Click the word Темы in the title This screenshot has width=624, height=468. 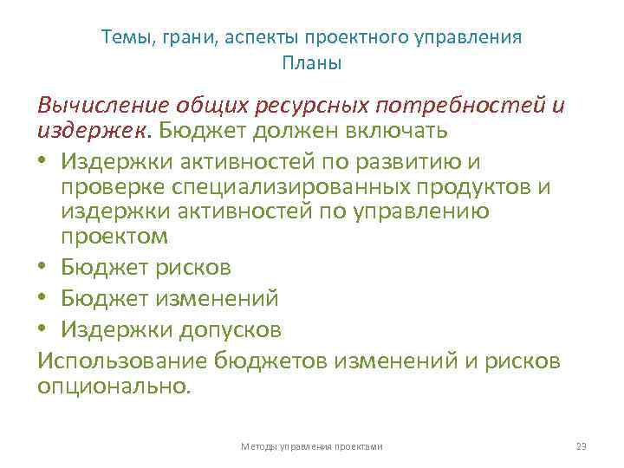click(123, 38)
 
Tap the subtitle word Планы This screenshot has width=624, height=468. click(312, 63)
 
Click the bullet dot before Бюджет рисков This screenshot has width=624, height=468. click(43, 269)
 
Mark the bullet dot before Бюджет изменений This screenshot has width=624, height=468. click(43, 300)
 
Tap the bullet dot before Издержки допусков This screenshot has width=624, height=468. click(43, 330)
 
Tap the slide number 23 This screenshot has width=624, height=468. click(581, 445)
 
